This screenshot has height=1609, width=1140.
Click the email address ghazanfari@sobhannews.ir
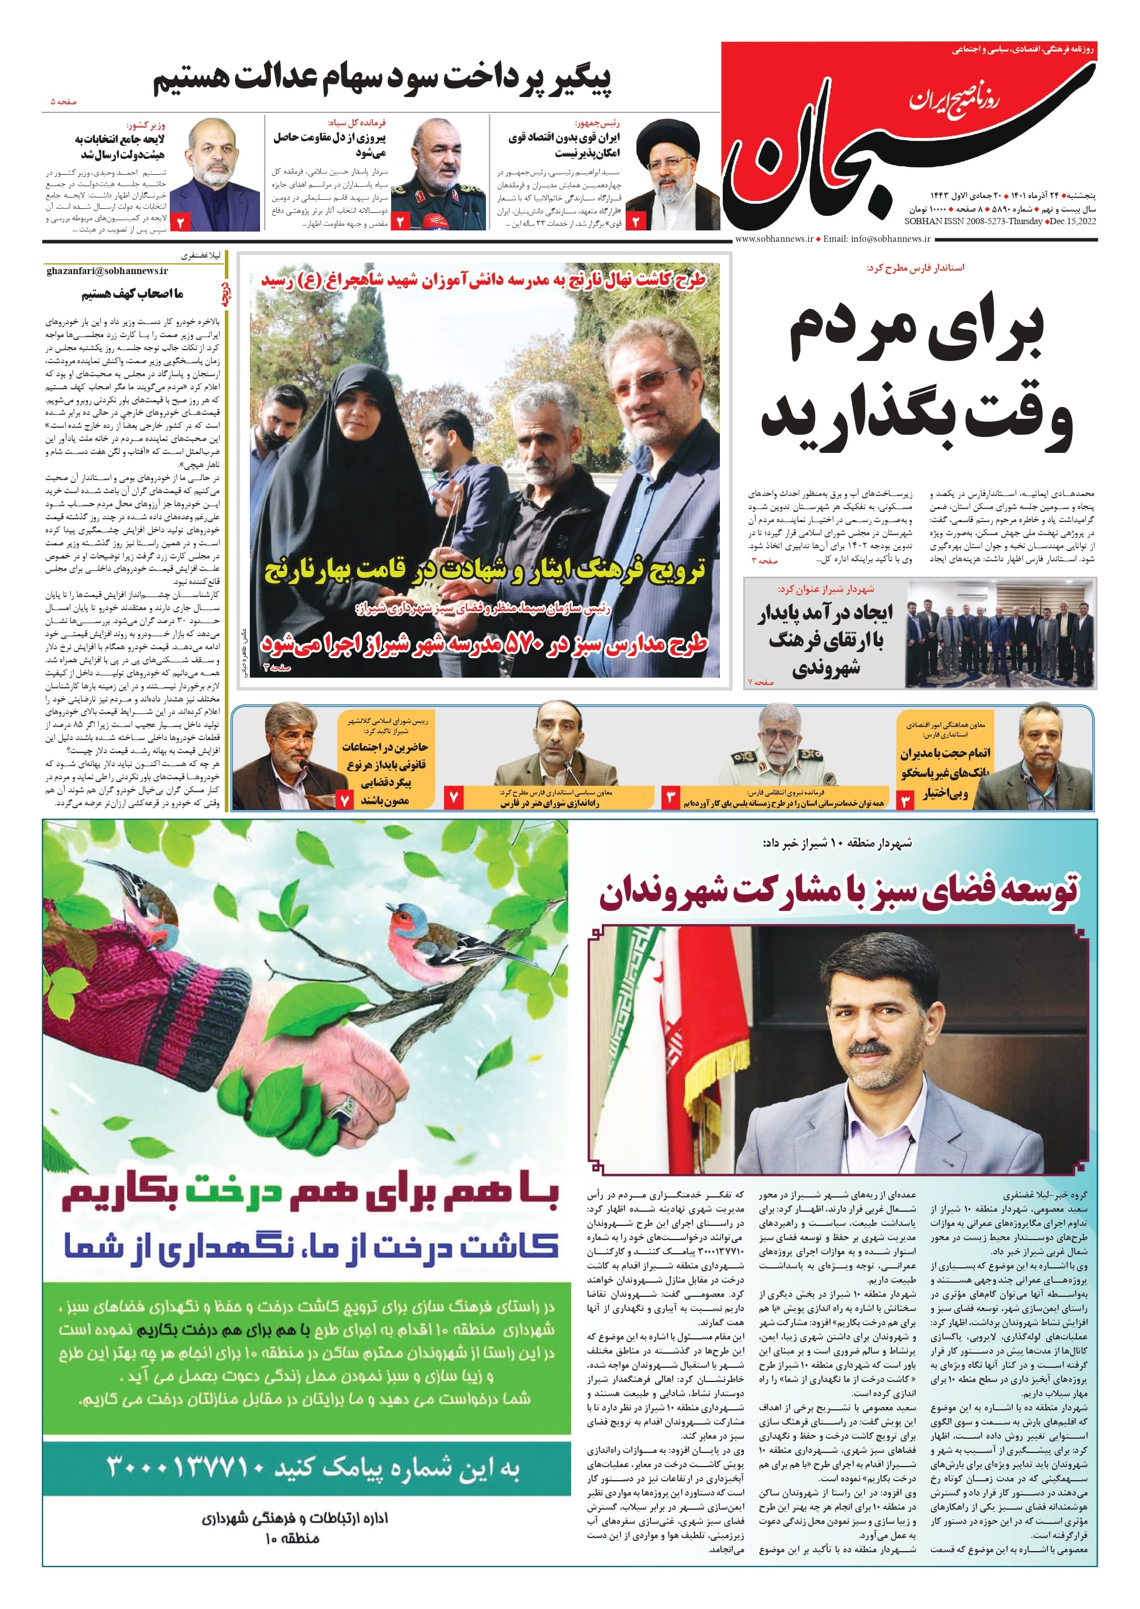point(107,271)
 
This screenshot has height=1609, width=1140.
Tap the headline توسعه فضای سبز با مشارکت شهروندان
point(839,892)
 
